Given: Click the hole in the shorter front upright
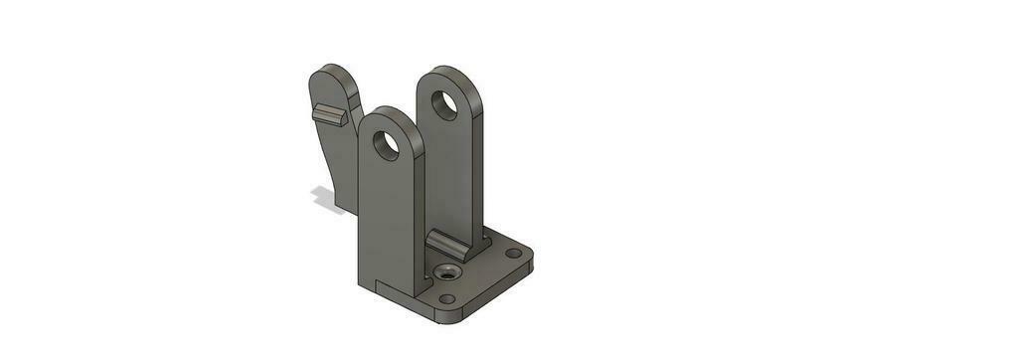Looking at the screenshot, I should [x=387, y=145].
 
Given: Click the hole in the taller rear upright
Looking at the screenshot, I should [x=444, y=104].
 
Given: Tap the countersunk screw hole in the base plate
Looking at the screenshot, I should [x=445, y=271].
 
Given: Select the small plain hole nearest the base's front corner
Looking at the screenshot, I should [x=447, y=298].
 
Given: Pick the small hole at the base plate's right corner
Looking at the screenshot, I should [x=512, y=253].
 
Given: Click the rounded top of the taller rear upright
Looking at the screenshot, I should [x=446, y=73].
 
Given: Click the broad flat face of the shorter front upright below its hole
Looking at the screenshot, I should [x=383, y=219].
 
